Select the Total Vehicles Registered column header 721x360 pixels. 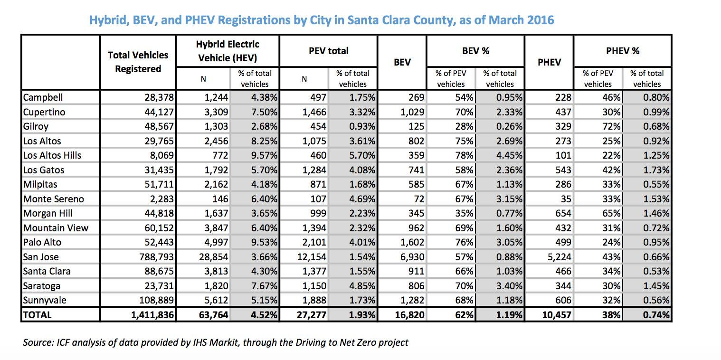[x=138, y=62]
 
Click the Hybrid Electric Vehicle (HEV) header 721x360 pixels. [x=228, y=51]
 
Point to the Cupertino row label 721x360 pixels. [x=44, y=112]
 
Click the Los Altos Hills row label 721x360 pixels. [x=52, y=155]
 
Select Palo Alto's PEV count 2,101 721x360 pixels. [x=313, y=242]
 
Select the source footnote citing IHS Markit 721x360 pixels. [x=216, y=342]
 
